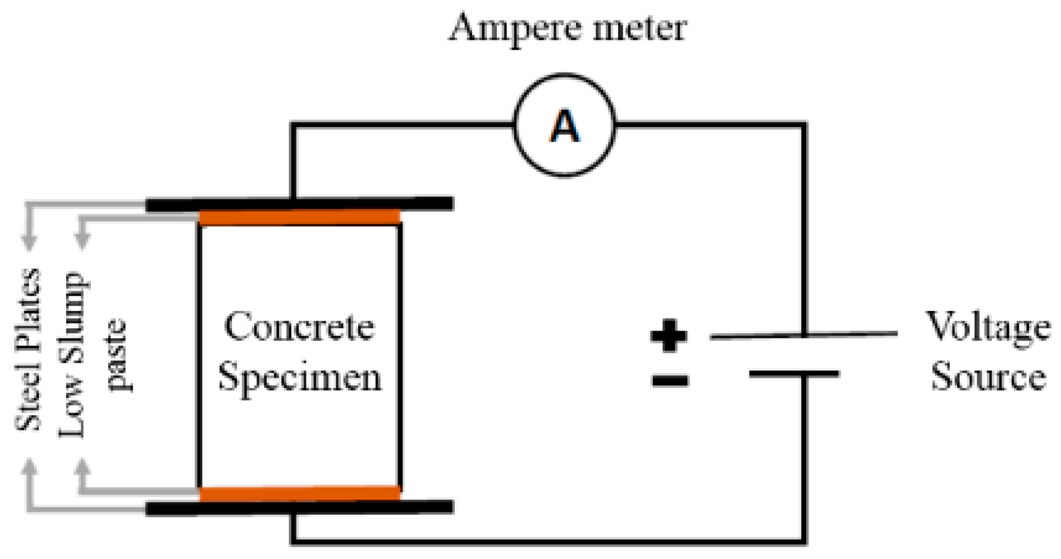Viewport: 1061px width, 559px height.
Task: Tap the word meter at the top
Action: (640, 28)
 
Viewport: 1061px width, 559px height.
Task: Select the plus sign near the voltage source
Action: (668, 336)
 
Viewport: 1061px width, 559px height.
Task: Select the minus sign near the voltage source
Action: (669, 381)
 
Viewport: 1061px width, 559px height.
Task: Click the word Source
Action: (988, 376)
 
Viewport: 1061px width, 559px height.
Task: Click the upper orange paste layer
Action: (300, 217)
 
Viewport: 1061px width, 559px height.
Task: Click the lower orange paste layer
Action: (300, 494)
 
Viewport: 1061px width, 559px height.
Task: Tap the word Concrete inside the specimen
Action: (299, 327)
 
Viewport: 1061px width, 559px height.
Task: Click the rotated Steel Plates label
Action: (28, 349)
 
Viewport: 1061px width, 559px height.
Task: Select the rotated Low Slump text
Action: (72, 355)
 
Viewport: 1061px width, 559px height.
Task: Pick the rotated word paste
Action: (117, 355)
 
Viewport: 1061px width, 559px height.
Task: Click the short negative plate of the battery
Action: (794, 373)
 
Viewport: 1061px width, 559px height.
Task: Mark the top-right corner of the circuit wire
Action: (804, 125)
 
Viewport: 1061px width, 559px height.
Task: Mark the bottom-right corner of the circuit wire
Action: (804, 541)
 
